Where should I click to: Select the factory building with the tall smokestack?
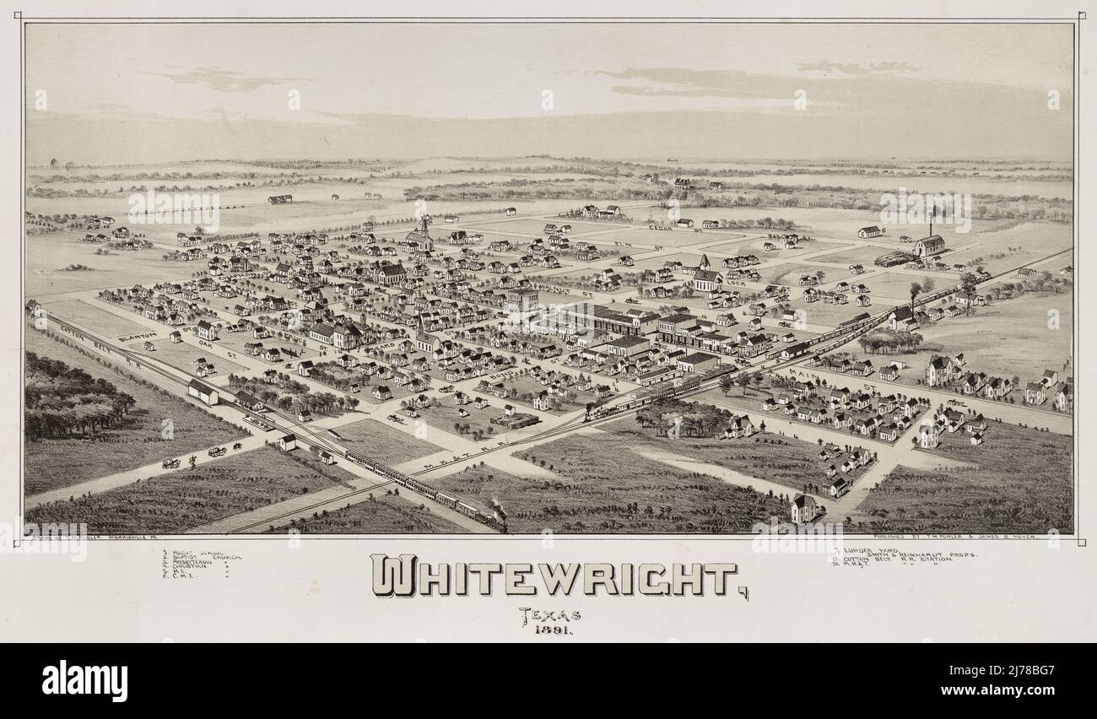tap(928, 245)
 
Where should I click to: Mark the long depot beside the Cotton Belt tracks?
tap(203, 392)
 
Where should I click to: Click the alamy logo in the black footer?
tap(84, 681)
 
